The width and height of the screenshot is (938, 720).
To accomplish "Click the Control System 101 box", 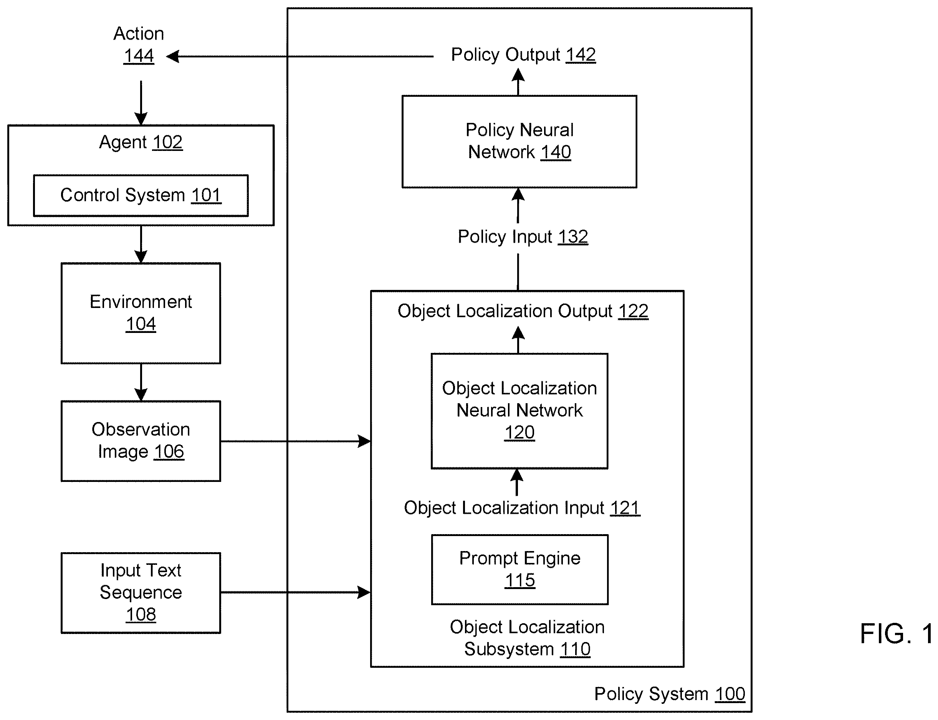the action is (141, 195).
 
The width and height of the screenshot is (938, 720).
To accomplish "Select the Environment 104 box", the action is (141, 313).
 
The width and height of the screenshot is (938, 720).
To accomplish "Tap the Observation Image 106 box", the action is (141, 441).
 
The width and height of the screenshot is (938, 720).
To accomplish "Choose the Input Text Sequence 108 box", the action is (141, 593).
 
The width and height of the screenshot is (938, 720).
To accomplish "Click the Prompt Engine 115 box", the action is (519, 569).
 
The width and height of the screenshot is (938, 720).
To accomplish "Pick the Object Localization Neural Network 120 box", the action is (519, 411).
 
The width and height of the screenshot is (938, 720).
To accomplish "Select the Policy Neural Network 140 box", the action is (519, 141).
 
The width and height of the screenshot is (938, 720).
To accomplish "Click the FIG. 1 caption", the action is (897, 634).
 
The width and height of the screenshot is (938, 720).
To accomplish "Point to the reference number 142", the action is (581, 55).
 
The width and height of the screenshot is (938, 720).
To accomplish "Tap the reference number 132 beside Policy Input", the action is (573, 237).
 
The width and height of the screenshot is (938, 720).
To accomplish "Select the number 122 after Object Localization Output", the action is (633, 311).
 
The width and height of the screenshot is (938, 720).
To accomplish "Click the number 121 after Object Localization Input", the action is (625, 508).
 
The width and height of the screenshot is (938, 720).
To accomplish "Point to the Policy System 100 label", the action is (670, 694).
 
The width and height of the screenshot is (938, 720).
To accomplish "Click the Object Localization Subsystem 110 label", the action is (527, 638).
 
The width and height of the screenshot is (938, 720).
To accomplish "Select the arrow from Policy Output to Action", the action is (300, 56).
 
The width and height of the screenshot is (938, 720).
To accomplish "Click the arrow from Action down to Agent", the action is (141, 103).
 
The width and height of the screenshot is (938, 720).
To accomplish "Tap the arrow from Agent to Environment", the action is (141, 244).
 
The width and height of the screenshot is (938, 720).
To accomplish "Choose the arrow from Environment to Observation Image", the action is (141, 382).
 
